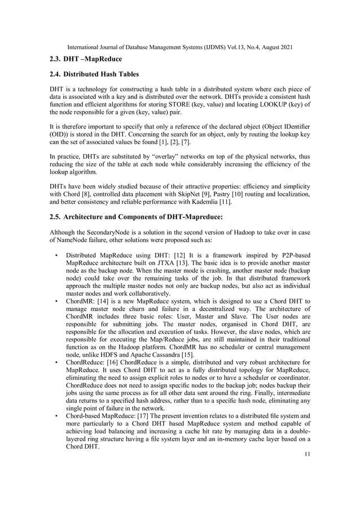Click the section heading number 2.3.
(x=55, y=59)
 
